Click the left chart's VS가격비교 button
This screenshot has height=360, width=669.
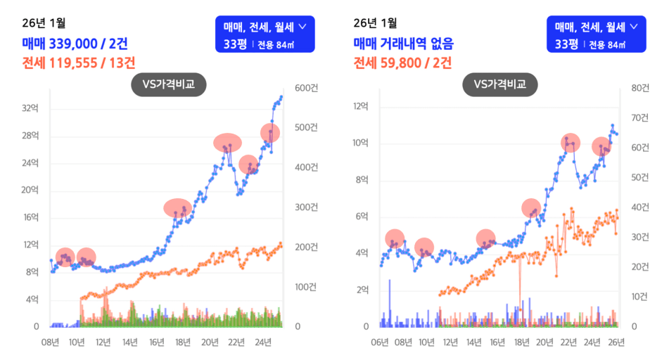tap(167, 85)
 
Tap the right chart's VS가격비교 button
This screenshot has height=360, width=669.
tap(499, 85)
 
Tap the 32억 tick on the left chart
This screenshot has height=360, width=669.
tap(30, 109)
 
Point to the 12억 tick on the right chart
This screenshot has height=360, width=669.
tap(360, 106)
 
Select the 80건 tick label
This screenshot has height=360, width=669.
tap(640, 88)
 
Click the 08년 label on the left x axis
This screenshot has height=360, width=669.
tap(50, 342)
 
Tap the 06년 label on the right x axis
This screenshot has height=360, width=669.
tap(380, 342)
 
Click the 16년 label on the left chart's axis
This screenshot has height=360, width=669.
tap(156, 342)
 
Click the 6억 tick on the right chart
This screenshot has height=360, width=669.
tap(362, 217)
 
